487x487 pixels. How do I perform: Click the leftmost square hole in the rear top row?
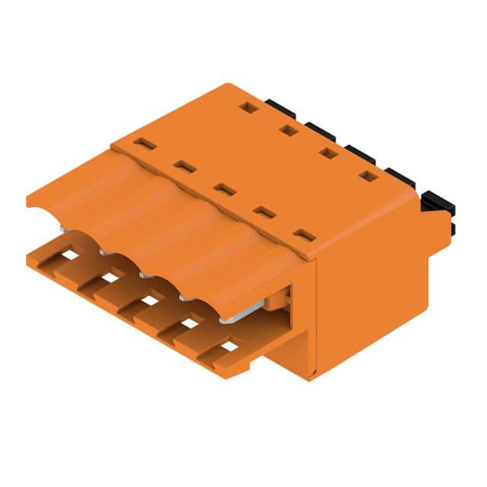[x=246, y=107]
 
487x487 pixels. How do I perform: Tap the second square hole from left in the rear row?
[x=287, y=130]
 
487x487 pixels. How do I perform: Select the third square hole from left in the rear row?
[x=328, y=153]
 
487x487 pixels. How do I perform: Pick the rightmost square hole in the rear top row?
[x=368, y=177]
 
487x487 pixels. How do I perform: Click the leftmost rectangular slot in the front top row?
[x=145, y=144]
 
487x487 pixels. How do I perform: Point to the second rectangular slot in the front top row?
[x=184, y=167]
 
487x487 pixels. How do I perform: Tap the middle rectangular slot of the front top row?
[x=224, y=188]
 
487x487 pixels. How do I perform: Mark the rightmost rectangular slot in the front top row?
[x=304, y=235]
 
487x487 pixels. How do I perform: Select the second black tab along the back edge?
[x=320, y=130]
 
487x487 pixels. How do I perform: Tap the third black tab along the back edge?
[x=359, y=153]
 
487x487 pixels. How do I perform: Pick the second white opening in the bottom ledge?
[x=110, y=278]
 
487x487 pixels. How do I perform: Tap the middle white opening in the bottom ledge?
[x=150, y=301]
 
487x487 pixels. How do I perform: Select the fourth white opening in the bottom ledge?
[x=189, y=323]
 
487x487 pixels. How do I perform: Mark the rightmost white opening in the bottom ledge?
[x=229, y=346]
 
